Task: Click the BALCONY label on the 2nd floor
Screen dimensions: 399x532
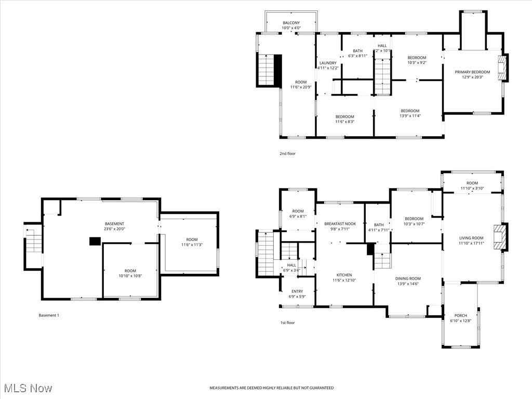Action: point(291,23)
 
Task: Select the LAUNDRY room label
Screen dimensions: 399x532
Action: point(328,63)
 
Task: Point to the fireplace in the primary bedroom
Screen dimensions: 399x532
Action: point(501,68)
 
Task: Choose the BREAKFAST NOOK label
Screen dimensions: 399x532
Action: point(340,223)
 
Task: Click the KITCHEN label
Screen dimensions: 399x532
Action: point(344,275)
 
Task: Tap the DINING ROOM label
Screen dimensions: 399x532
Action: point(408,278)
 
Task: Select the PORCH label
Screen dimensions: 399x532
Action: point(460,315)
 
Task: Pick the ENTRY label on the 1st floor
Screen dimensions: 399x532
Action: point(297,291)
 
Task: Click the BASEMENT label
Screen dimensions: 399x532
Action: point(114,223)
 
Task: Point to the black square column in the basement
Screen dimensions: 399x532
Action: point(95,241)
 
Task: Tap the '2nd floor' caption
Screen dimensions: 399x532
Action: point(287,154)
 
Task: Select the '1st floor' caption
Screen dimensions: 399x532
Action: point(287,323)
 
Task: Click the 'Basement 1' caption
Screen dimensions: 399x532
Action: point(49,315)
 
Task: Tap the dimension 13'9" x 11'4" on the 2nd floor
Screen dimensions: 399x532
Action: point(410,116)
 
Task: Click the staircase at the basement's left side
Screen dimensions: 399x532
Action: point(33,243)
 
